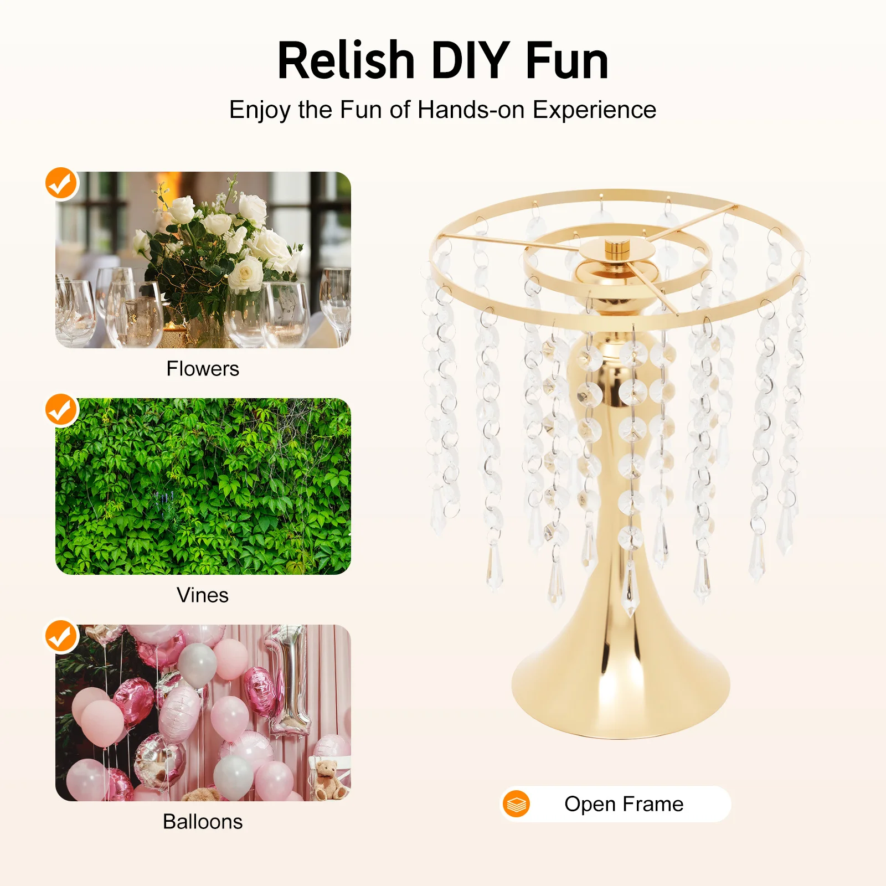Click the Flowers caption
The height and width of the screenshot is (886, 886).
[203, 369]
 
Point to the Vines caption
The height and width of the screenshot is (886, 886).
[203, 595]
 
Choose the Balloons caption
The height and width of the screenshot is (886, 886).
[203, 822]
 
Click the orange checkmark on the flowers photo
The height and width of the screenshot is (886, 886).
[61, 183]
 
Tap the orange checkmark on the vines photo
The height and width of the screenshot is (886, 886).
[61, 410]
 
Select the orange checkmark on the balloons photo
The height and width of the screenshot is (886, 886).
[61, 636]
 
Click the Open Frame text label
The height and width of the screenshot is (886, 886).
[624, 804]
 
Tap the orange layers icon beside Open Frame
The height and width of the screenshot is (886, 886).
[517, 804]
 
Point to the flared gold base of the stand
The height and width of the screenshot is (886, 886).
[620, 692]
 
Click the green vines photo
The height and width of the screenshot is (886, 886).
[203, 486]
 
